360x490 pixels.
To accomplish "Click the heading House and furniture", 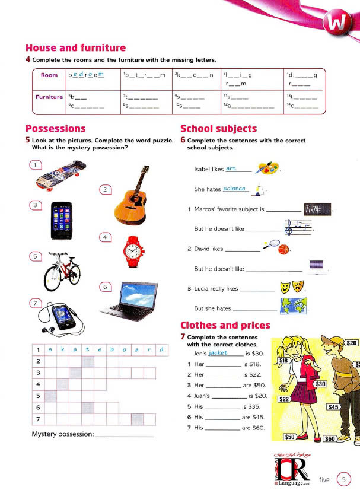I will coord(75,48).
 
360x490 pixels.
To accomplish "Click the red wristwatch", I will coord(134,252).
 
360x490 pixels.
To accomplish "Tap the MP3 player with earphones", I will coord(60,317).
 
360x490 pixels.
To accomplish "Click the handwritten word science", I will coord(234,189).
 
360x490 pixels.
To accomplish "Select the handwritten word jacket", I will coord(218,352).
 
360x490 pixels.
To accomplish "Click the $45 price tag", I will coord(333,407).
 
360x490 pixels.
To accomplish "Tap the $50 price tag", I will coord(290,437).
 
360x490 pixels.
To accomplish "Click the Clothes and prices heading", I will coord(225,325).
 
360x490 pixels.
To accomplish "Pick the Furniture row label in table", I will coord(49,97).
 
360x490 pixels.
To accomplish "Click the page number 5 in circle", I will coord(343,479).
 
